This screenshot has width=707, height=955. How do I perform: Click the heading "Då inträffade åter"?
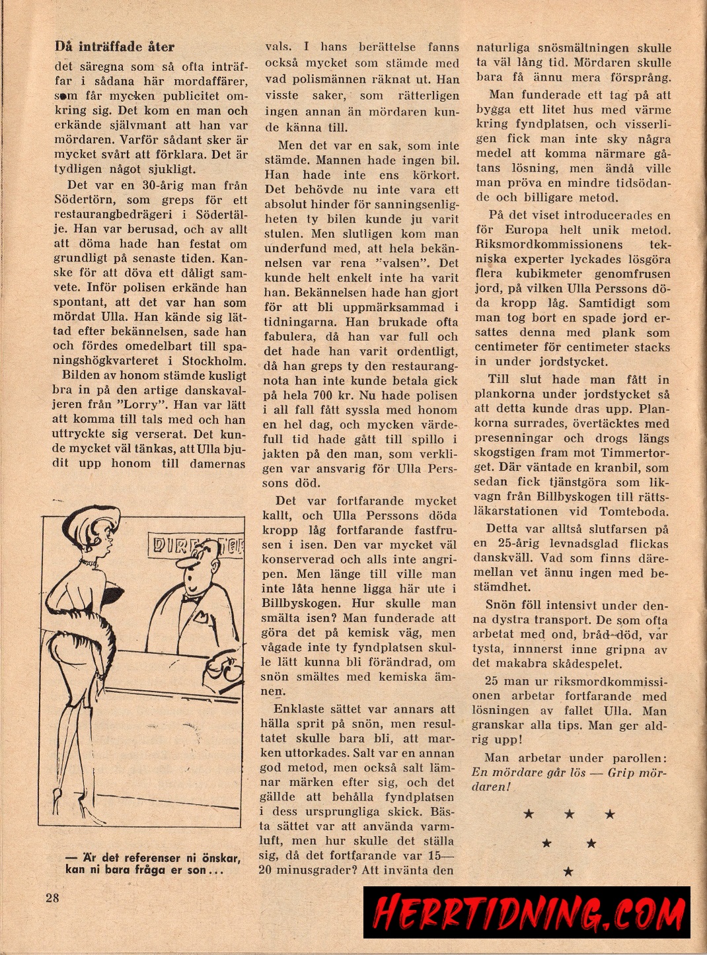point(114,46)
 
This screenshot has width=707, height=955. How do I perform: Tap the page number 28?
point(53,897)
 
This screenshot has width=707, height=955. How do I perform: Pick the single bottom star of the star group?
point(568,872)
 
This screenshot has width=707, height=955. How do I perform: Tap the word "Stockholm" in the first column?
point(213,361)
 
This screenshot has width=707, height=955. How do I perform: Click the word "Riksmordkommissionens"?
point(548,244)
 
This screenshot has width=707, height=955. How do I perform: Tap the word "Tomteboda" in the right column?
point(634,511)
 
